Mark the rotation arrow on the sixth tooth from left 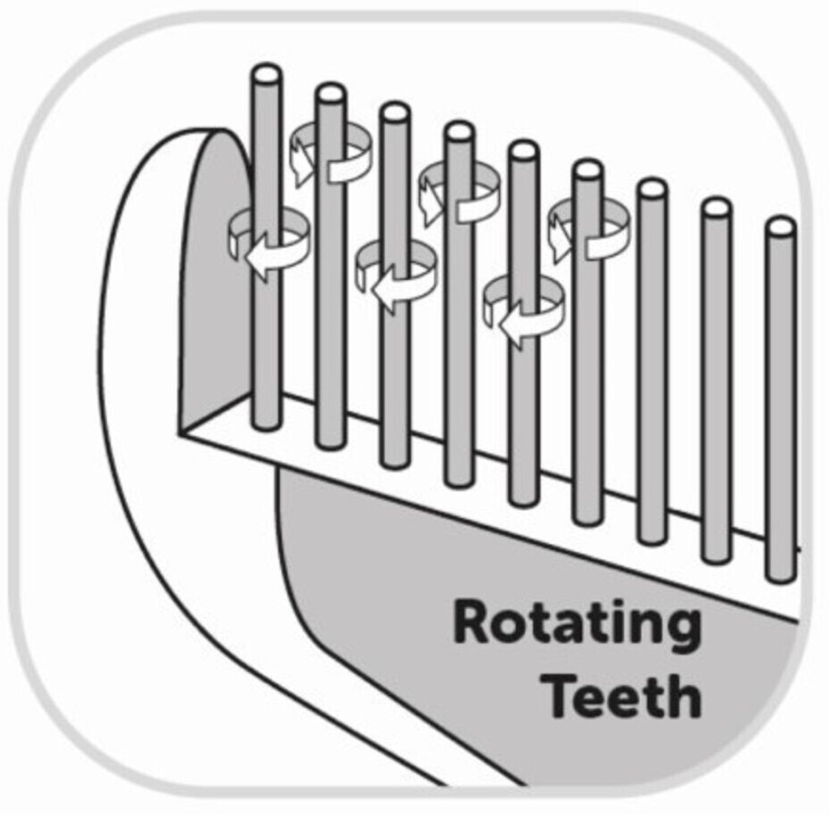point(587,227)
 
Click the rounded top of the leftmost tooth point(267,73)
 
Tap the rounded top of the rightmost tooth point(782,226)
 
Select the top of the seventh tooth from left point(652,189)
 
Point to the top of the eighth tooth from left point(716,208)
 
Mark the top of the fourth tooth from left point(459,133)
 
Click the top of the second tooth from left point(331,93)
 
